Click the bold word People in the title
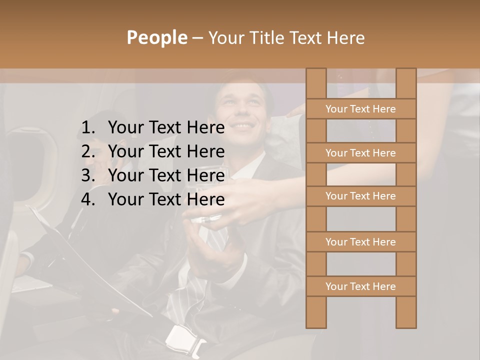156,37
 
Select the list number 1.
87,128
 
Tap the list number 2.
87,151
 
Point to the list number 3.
87,175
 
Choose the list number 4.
87,199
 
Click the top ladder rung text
360,109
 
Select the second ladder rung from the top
360,153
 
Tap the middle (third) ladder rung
360,196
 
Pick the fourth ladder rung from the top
360,242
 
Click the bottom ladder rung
360,286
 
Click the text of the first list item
166,128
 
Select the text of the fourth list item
166,199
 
